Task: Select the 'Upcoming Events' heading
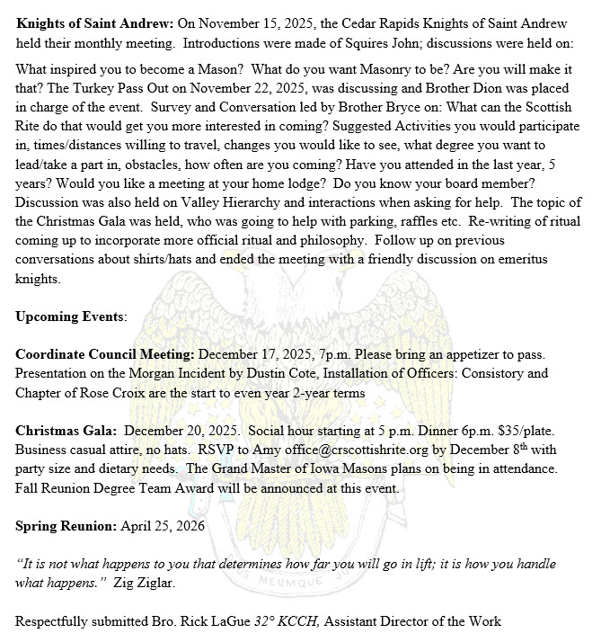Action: (70, 317)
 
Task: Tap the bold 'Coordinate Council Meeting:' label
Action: (104, 354)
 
